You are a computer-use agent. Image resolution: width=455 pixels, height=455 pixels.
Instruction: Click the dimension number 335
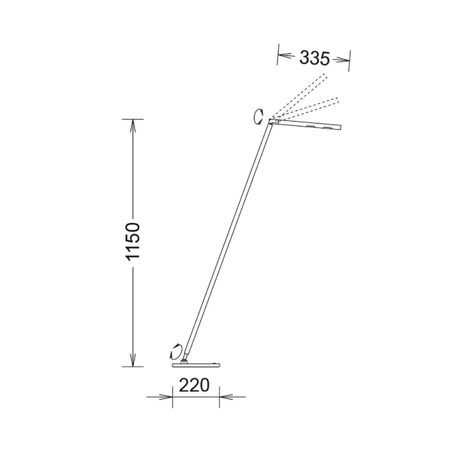point(315,58)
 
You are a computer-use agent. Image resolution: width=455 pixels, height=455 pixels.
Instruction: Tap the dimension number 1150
point(133,242)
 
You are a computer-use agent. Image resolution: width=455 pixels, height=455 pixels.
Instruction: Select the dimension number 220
point(194,385)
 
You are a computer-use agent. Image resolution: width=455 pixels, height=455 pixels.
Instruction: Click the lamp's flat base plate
point(196,365)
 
